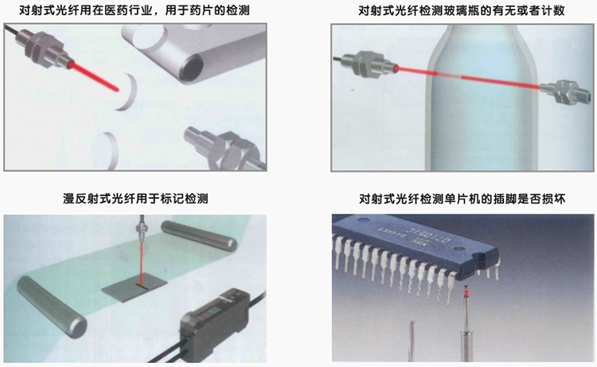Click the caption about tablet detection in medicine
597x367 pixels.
point(135,10)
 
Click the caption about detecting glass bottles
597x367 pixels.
point(462,10)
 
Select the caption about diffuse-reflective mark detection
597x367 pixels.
point(135,198)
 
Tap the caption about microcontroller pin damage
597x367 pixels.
point(462,198)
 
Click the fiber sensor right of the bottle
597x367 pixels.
point(564,91)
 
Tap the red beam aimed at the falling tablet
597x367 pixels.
point(94,76)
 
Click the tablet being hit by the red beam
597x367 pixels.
point(127,92)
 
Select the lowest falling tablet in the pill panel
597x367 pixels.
point(106,149)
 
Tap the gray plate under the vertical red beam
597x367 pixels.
point(135,288)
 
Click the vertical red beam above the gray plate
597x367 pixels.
point(140,264)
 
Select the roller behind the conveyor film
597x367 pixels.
point(199,235)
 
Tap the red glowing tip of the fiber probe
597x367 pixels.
point(465,294)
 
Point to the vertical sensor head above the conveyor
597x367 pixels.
point(141,229)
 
